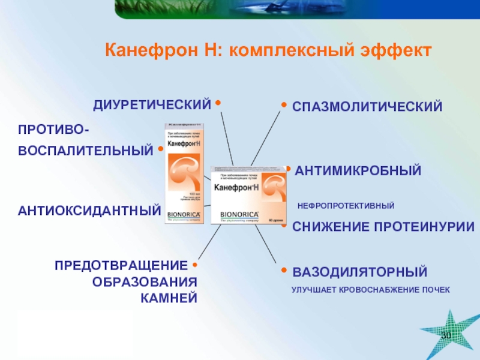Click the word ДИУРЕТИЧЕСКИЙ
pyautogui.click(x=152, y=106)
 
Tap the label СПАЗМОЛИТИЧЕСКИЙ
pyautogui.click(x=367, y=107)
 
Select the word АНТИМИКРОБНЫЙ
pyautogui.click(x=357, y=171)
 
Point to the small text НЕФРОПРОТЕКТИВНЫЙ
pyautogui.click(x=346, y=206)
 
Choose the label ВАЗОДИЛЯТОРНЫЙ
pyautogui.click(x=360, y=272)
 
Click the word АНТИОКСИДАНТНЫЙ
pyautogui.click(x=89, y=211)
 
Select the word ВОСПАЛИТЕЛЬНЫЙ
pyautogui.click(x=86, y=151)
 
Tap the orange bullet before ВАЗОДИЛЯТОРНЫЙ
pyautogui.click(x=284, y=271)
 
